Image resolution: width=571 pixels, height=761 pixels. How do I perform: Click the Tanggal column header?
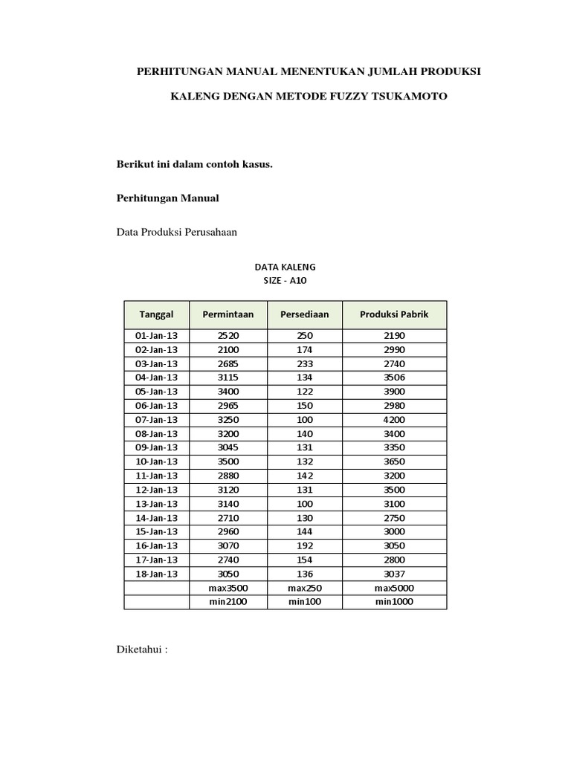(x=156, y=314)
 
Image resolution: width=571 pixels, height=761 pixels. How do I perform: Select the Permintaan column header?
(x=228, y=314)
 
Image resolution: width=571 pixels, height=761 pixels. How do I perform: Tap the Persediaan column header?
(x=304, y=314)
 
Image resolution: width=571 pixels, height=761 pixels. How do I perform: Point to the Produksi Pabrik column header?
(x=394, y=314)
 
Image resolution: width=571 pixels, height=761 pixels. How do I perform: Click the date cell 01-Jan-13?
(x=156, y=336)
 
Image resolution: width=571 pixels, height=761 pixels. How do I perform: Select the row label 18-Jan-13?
(x=156, y=574)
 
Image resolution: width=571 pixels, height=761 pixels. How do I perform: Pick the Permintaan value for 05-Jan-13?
(x=228, y=392)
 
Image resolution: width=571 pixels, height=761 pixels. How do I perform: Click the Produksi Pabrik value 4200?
(x=394, y=420)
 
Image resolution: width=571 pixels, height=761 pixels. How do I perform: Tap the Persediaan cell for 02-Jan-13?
(x=304, y=349)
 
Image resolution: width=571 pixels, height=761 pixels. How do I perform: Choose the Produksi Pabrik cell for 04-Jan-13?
(x=394, y=378)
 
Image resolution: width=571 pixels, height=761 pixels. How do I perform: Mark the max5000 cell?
(x=394, y=588)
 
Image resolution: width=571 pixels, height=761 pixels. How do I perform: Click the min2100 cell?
(x=228, y=602)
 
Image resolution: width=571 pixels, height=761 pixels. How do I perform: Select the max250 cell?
(x=304, y=588)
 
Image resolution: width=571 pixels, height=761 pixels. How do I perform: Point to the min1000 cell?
(x=394, y=602)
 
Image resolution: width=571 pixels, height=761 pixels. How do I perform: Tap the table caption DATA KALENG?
(x=285, y=266)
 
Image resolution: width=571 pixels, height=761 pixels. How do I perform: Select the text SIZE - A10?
(x=285, y=280)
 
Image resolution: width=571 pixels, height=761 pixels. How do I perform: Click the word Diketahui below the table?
(x=139, y=649)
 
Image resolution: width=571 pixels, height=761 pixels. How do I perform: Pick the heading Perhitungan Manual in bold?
(x=167, y=198)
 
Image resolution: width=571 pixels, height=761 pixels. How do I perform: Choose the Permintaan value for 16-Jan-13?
(x=228, y=546)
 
